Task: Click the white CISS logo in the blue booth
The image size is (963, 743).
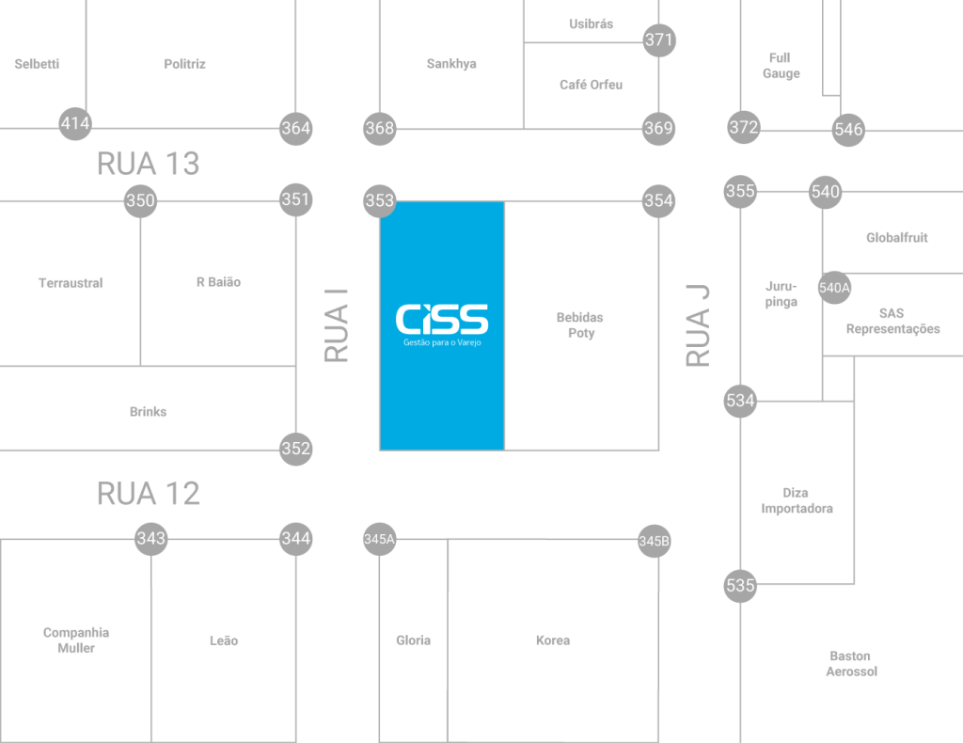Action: pyautogui.click(x=442, y=320)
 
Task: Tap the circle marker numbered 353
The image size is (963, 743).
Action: pyautogui.click(x=380, y=201)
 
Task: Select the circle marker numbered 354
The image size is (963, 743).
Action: pyautogui.click(x=658, y=201)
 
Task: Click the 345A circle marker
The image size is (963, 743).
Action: pyautogui.click(x=380, y=540)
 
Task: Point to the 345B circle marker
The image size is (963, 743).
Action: pyautogui.click(x=654, y=541)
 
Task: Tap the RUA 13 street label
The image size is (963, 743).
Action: pyautogui.click(x=149, y=164)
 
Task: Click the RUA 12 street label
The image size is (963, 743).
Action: pyautogui.click(x=149, y=494)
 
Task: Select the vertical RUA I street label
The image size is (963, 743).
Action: pyautogui.click(x=337, y=325)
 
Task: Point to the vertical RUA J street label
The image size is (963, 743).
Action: pyautogui.click(x=698, y=325)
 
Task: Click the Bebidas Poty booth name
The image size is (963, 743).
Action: pyautogui.click(x=580, y=325)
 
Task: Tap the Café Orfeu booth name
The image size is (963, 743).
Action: pyautogui.click(x=591, y=85)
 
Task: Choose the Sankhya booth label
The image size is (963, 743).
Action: pyautogui.click(x=451, y=64)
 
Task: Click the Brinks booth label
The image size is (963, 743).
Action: pyautogui.click(x=148, y=412)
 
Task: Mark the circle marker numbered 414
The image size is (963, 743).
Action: pyautogui.click(x=75, y=123)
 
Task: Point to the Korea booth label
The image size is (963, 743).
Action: pyautogui.click(x=553, y=640)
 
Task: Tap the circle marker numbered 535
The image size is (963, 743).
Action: pyautogui.click(x=741, y=586)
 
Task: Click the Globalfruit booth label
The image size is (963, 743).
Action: pyautogui.click(x=896, y=238)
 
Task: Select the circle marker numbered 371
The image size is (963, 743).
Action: pyautogui.click(x=659, y=40)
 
